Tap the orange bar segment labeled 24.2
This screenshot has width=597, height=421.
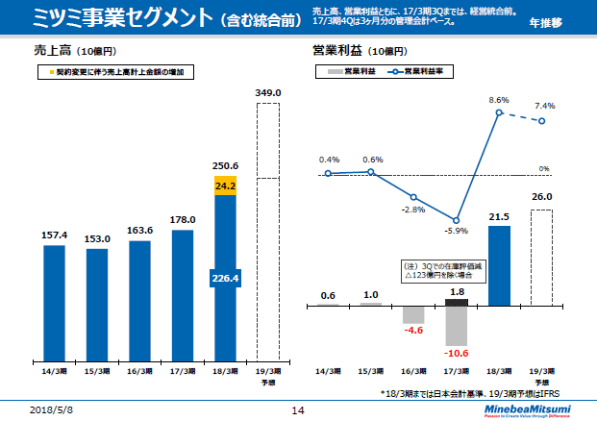[x=225, y=186]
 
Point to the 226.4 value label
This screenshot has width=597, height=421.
[x=225, y=279]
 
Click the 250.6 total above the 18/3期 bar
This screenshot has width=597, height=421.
[x=225, y=164]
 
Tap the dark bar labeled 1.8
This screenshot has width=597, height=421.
[x=457, y=302]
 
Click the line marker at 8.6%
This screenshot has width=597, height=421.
[x=500, y=112]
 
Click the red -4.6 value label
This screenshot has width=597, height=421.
[x=414, y=331]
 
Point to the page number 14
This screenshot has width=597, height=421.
[x=297, y=409]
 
